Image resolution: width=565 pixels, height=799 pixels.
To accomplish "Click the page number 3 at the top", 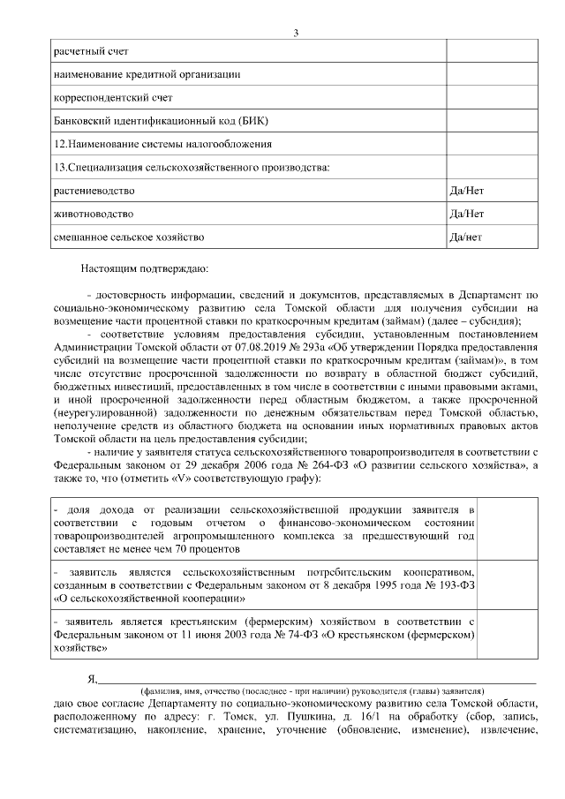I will click(x=297, y=34).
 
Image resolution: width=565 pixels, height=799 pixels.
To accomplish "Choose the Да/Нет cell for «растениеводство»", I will click(x=466, y=190).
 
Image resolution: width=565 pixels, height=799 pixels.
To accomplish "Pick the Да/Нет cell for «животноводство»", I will click(x=466, y=214).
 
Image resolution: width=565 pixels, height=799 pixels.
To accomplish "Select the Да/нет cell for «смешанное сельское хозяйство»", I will click(x=465, y=237).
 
